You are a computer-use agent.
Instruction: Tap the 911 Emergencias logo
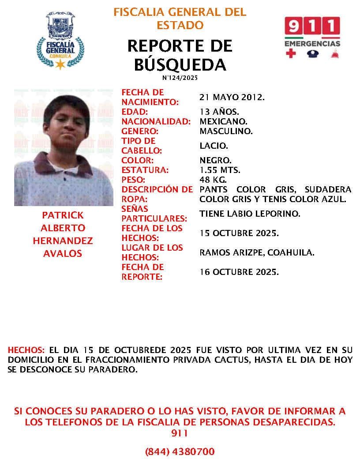point(312,38)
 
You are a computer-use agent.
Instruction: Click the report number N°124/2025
point(180,78)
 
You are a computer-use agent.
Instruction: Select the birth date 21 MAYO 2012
point(232,97)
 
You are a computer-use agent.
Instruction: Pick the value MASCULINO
point(226,131)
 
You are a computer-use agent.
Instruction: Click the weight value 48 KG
point(213,180)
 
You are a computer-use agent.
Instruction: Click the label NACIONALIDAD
point(156,121)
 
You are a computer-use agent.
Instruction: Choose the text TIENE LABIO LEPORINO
point(250,214)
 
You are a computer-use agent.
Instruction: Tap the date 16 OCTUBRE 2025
point(239,272)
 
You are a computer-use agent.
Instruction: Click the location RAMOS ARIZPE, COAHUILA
point(257,252)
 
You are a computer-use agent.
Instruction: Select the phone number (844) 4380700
point(180,451)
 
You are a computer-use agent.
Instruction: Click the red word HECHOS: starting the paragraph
point(26,349)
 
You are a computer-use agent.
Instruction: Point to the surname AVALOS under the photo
point(62,253)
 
